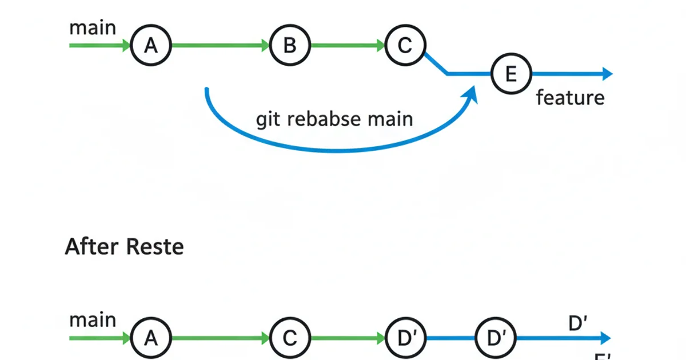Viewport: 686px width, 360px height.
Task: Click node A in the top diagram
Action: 151,45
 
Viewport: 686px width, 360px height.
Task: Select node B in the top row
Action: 290,45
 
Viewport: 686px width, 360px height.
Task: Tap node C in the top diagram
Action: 405,45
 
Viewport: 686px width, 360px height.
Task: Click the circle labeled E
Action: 511,74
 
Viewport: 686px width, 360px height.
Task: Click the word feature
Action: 570,98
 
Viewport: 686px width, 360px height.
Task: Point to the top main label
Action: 93,27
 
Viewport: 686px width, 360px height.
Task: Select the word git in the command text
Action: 269,120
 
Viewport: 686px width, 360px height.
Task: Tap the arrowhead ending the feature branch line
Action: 607,74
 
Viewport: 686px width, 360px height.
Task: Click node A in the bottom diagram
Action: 151,338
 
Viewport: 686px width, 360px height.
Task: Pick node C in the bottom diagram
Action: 290,338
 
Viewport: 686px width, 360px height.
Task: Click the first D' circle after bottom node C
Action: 406,338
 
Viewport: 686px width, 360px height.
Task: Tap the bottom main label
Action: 93,320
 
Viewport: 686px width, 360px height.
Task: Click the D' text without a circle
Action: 578,323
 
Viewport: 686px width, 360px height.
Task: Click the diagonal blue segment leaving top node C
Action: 436,62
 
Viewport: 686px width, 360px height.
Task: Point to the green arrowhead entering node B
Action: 265,45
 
